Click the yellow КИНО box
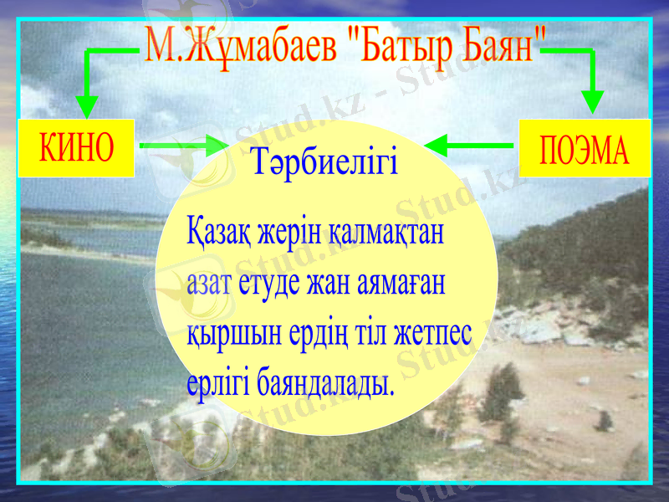click(76, 148)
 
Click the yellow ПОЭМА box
click(585, 149)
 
